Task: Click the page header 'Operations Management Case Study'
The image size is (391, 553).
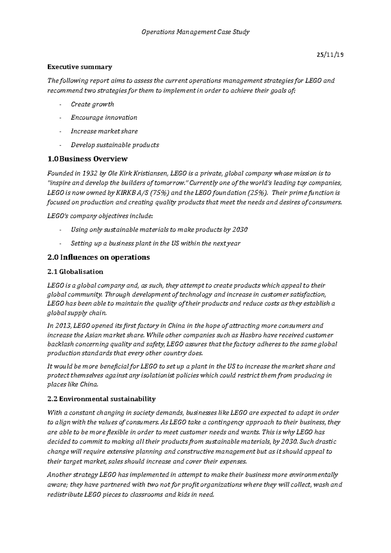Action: point(195,32)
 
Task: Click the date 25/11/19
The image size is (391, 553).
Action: point(330,55)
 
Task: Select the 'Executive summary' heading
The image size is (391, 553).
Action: point(80,67)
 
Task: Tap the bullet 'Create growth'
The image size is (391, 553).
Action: point(92,104)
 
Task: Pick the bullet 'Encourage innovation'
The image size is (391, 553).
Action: point(104,118)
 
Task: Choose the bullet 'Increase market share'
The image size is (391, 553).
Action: point(104,131)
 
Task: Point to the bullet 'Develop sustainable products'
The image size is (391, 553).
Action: point(115,145)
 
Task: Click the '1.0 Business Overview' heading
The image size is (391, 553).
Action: point(87,159)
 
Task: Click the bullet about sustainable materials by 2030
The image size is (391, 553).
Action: point(159,230)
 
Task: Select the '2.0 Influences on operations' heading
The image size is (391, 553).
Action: point(98,257)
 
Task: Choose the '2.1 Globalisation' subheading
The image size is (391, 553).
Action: point(75,272)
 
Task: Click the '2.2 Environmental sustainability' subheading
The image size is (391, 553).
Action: point(101,399)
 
